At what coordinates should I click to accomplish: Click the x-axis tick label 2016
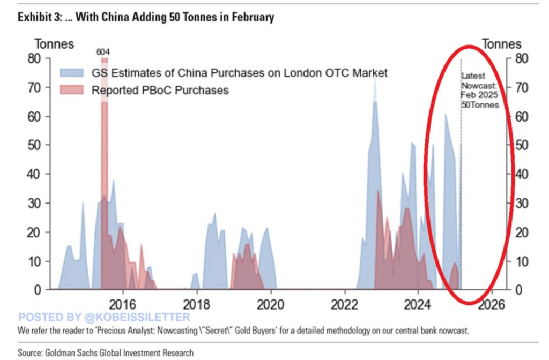122,304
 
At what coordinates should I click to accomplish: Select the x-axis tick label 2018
196,304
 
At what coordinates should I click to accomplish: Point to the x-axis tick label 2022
344,304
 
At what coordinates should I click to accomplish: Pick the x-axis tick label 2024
418,304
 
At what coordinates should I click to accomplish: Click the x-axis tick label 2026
491,304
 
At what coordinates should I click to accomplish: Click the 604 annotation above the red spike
103,52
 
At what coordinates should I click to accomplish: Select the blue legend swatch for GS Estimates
72,73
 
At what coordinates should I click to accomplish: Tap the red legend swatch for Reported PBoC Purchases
72,90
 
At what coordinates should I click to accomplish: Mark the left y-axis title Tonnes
54,44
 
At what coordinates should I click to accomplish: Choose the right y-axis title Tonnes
502,44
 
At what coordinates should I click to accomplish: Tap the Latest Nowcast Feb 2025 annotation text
480,91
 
